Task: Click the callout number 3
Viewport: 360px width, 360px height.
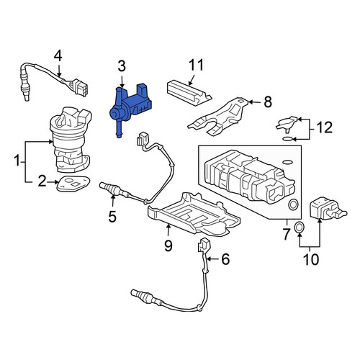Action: [x=122, y=66]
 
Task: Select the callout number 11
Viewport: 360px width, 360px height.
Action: [x=196, y=65]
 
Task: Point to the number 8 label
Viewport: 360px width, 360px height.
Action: [x=268, y=102]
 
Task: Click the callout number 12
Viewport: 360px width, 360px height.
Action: [x=325, y=127]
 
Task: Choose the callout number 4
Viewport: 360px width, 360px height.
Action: [x=58, y=57]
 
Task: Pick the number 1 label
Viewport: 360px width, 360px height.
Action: [x=17, y=161]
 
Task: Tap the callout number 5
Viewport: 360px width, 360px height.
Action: [x=112, y=216]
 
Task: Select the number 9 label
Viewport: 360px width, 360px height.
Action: [x=168, y=246]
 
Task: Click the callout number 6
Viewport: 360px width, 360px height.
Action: [x=225, y=259]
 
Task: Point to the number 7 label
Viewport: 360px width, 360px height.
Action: [x=286, y=234]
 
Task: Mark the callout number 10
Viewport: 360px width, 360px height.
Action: [x=311, y=259]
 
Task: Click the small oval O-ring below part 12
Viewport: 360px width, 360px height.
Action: [x=288, y=139]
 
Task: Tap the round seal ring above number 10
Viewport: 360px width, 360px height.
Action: [x=299, y=228]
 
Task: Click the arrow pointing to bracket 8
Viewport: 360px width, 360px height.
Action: [x=253, y=102]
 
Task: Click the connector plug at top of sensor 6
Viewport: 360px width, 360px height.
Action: [x=203, y=245]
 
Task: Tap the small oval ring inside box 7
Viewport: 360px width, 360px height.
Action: [x=288, y=162]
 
